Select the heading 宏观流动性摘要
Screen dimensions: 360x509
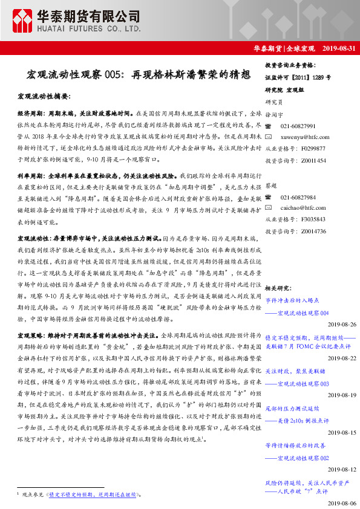44,97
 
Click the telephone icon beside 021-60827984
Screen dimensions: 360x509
269,197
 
